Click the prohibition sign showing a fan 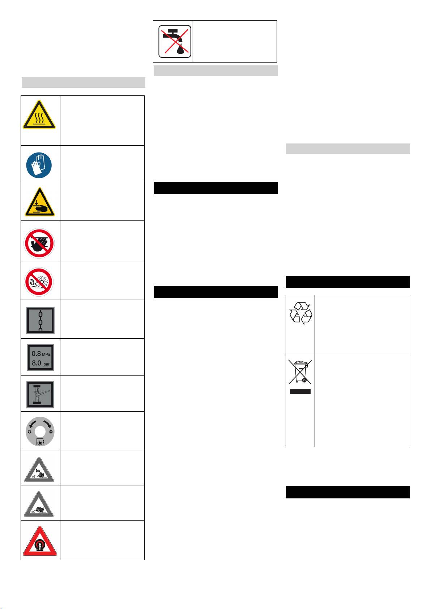tap(39, 281)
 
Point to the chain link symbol tap(40, 320)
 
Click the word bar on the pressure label tap(47, 364)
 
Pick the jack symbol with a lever tap(40, 394)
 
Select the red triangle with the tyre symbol tap(39, 542)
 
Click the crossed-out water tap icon tap(175, 41)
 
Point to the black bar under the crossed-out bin tap(300, 391)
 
